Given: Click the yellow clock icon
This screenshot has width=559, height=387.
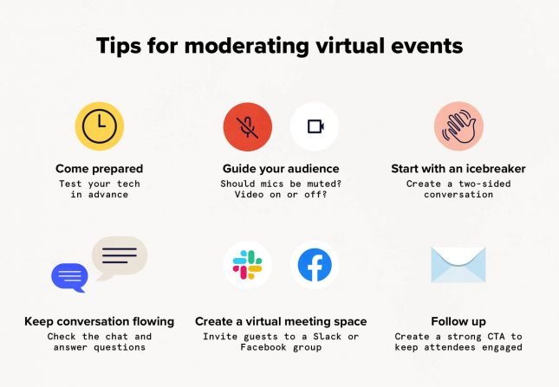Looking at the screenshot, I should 99,126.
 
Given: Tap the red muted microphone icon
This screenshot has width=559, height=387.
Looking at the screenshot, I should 248,126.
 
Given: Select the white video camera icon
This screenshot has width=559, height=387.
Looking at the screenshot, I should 314,126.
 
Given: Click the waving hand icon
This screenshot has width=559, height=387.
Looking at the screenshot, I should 458,126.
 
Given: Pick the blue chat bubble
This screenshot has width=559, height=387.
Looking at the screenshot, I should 70,277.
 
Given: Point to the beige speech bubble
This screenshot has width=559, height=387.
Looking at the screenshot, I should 119,255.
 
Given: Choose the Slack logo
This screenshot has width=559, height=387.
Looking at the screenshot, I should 247,266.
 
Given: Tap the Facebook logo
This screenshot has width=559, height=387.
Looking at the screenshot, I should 314,266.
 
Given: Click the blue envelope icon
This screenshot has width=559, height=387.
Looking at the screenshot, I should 458,265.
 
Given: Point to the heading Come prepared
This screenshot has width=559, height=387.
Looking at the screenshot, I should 99,168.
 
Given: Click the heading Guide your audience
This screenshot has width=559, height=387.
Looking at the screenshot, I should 281,168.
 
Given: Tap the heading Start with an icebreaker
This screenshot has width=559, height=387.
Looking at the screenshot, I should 458,168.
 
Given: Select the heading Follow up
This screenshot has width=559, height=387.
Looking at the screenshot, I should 458,321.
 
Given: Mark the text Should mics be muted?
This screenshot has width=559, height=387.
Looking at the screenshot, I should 281,183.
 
